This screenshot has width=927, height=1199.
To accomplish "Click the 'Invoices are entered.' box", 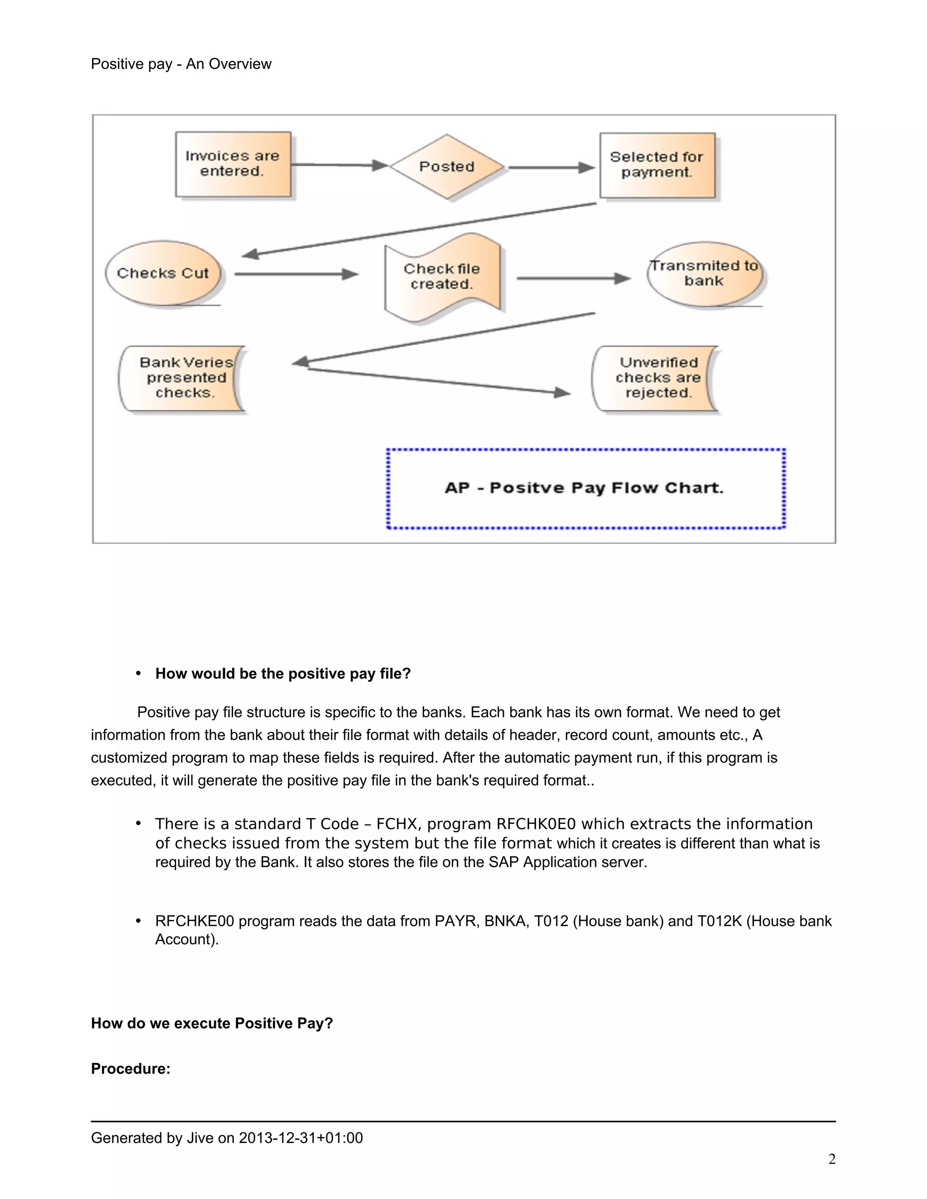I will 233,164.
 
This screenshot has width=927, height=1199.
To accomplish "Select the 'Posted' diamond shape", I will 446,167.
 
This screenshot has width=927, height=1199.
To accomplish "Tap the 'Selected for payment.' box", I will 657,165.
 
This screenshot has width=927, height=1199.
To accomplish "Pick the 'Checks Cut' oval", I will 163,273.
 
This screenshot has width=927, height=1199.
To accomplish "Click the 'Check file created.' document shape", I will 442,277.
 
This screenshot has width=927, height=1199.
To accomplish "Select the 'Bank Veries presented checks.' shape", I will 183,378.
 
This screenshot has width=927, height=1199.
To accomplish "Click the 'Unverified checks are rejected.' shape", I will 657,378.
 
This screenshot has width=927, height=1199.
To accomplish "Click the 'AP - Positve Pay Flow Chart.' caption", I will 584,488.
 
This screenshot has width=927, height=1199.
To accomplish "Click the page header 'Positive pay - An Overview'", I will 181,64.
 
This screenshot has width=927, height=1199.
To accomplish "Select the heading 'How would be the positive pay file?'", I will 283,674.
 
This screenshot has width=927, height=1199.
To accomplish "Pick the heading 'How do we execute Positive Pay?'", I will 212,1023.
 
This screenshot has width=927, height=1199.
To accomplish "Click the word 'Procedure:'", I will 131,1069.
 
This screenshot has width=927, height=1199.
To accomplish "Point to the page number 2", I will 831,1159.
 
